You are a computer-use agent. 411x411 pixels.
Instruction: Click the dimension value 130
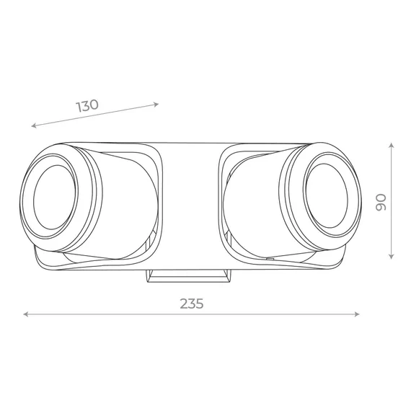pyautogui.click(x=87, y=105)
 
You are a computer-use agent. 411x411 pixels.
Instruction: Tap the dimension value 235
pyautogui.click(x=192, y=304)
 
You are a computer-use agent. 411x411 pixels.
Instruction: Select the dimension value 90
pyautogui.click(x=381, y=202)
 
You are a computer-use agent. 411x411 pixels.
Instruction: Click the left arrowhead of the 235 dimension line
pyautogui.click(x=25, y=314)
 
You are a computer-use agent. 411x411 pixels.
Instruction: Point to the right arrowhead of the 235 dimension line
pyautogui.click(x=357, y=314)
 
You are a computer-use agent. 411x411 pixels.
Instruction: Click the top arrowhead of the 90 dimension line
pyautogui.click(x=392, y=145)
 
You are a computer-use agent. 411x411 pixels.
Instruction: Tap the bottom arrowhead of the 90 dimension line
pyautogui.click(x=392, y=257)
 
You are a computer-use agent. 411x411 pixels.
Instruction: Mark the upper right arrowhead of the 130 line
pyautogui.click(x=156, y=105)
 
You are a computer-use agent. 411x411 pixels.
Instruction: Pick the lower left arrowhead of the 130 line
pyautogui.click(x=34, y=125)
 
